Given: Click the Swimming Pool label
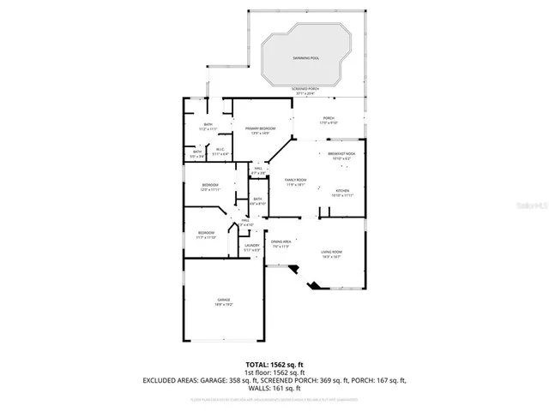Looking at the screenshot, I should click(x=306, y=58).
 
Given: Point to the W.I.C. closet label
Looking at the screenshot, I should click(x=220, y=152).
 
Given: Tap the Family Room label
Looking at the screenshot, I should click(x=296, y=182).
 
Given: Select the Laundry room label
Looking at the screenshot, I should click(x=251, y=247).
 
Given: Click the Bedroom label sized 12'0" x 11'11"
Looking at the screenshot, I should click(x=210, y=188).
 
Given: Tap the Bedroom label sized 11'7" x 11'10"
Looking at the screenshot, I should click(x=206, y=235).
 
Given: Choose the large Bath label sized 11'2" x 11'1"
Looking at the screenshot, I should click(x=208, y=127).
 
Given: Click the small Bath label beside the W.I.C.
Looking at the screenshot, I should click(x=197, y=154).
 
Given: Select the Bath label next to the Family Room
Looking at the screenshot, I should click(x=258, y=201).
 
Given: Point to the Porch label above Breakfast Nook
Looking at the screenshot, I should click(x=329, y=120).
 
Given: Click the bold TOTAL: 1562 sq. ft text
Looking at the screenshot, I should click(x=274, y=364).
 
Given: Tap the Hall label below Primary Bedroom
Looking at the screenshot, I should click(x=258, y=170).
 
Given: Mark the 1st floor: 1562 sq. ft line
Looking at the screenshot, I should click(x=274, y=372).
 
